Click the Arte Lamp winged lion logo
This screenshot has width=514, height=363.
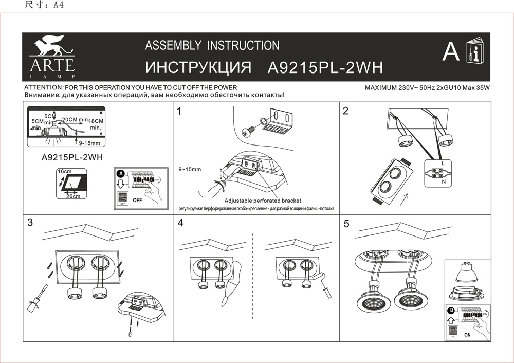51,45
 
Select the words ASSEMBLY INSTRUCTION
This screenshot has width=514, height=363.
212,45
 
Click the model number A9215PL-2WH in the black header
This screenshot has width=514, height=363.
326,68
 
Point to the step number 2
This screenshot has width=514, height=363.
346,111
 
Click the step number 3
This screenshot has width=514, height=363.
30,223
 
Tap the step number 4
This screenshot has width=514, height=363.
180,223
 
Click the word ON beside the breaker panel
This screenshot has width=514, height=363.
467,335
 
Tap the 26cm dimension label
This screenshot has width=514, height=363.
73,196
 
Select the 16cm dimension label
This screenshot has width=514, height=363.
64,171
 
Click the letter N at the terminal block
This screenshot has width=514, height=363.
443,182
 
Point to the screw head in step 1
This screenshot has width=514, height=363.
247,132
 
